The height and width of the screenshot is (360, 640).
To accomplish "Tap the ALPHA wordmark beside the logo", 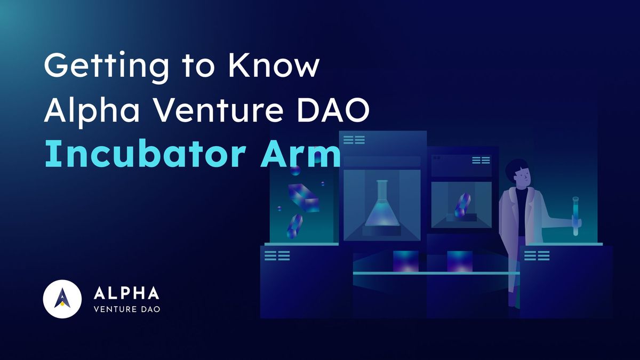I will [126, 293].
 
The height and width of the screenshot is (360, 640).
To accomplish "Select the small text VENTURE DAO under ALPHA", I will [126, 309].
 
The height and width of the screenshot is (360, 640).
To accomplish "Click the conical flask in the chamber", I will [382, 208].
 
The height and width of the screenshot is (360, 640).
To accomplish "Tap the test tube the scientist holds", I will [575, 216].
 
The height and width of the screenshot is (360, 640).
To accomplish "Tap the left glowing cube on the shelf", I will [406, 261].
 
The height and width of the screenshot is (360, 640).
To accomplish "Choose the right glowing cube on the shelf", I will [460, 261].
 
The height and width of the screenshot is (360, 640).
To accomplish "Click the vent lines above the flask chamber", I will [354, 140].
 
